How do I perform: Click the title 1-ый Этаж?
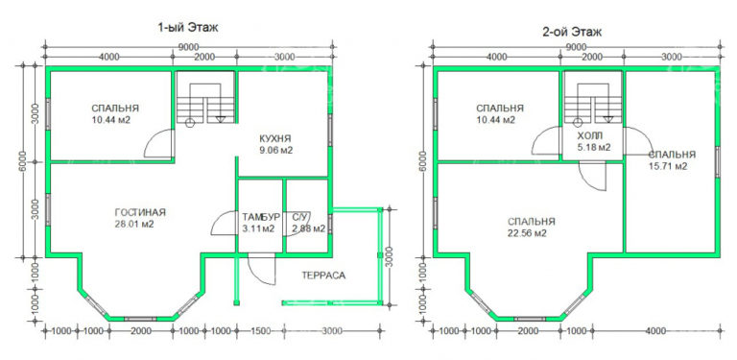point(188,28)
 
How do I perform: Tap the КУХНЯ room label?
point(275,138)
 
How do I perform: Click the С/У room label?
point(300,217)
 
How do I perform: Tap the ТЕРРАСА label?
point(323,275)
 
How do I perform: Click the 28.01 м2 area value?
point(134,224)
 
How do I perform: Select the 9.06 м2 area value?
point(275,150)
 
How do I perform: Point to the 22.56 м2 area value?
point(527,232)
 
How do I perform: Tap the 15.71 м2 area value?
point(668,166)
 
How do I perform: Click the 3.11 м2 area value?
point(257,228)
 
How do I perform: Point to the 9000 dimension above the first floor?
point(188,46)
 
